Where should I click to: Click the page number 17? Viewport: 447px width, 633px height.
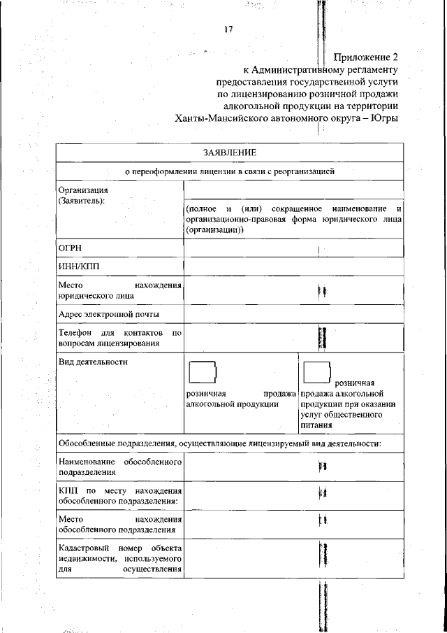point(228,29)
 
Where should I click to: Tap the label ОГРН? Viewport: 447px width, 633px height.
point(71,248)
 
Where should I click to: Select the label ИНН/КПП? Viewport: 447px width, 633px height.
point(78,266)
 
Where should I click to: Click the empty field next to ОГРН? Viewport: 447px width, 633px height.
point(293,248)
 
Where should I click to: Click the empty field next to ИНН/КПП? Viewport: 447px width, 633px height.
point(293,266)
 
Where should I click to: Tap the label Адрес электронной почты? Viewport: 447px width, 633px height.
point(109,313)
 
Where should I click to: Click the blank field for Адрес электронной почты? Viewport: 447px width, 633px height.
point(293,314)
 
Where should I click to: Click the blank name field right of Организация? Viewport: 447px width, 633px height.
point(293,190)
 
